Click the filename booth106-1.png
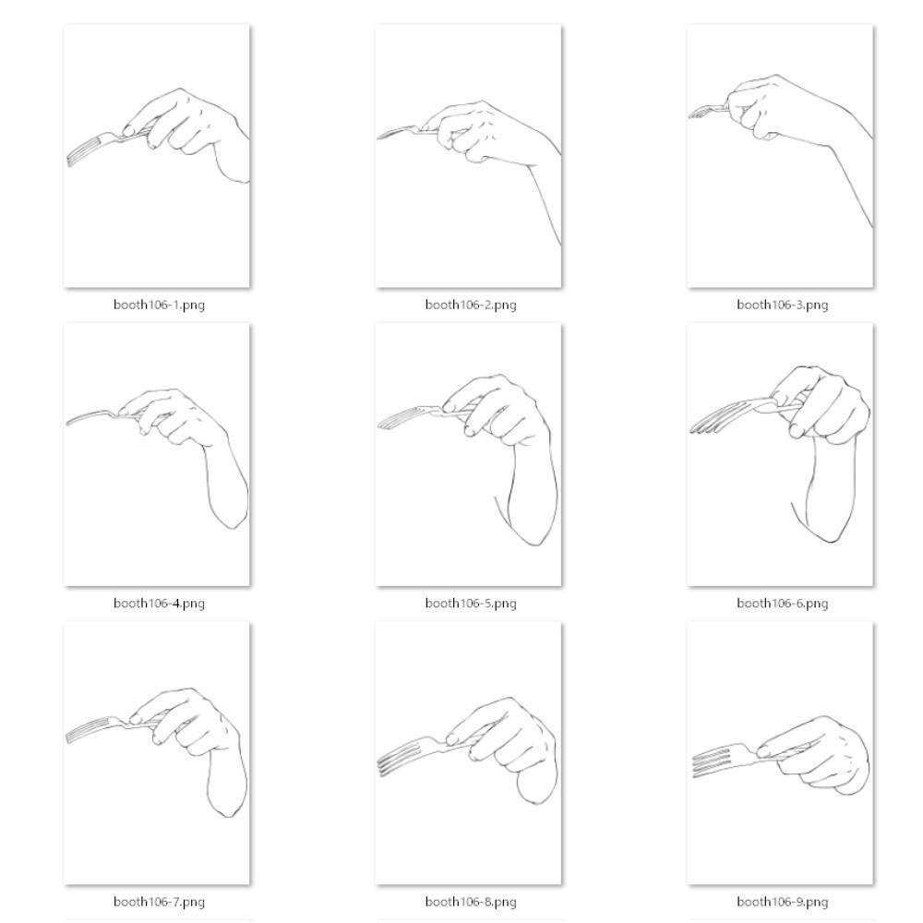(x=159, y=305)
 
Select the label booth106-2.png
(x=471, y=305)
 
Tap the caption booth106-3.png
(x=783, y=305)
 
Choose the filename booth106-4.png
(x=159, y=604)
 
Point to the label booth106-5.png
(x=471, y=604)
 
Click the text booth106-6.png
(x=783, y=604)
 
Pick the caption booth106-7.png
(x=159, y=902)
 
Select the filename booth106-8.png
(x=471, y=902)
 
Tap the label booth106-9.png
(x=783, y=902)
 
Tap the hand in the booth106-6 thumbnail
(x=824, y=406)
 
